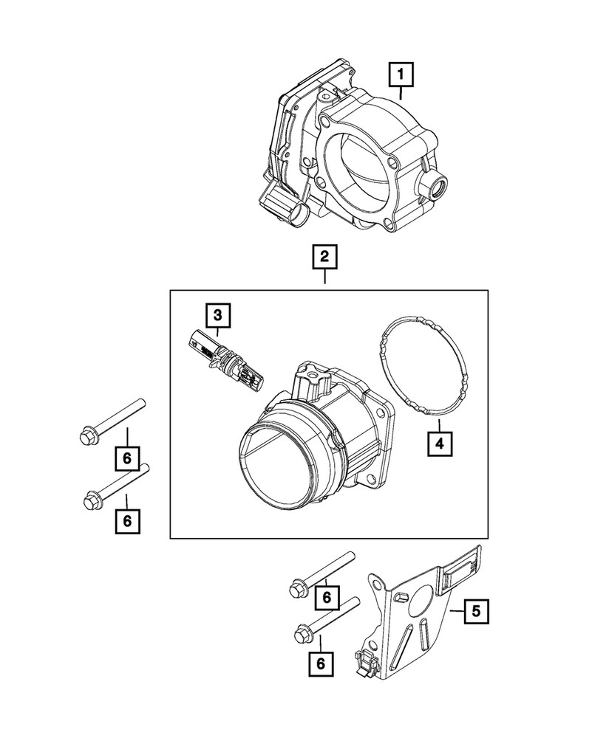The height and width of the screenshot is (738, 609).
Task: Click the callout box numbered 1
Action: (x=401, y=75)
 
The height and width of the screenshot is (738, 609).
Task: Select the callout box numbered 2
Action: (x=324, y=258)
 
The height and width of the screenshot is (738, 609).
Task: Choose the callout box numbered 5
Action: (x=475, y=610)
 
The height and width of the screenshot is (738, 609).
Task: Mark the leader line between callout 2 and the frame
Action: (x=324, y=280)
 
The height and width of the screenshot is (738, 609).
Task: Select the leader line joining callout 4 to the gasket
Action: (x=439, y=426)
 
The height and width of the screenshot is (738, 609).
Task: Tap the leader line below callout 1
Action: (x=401, y=92)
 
